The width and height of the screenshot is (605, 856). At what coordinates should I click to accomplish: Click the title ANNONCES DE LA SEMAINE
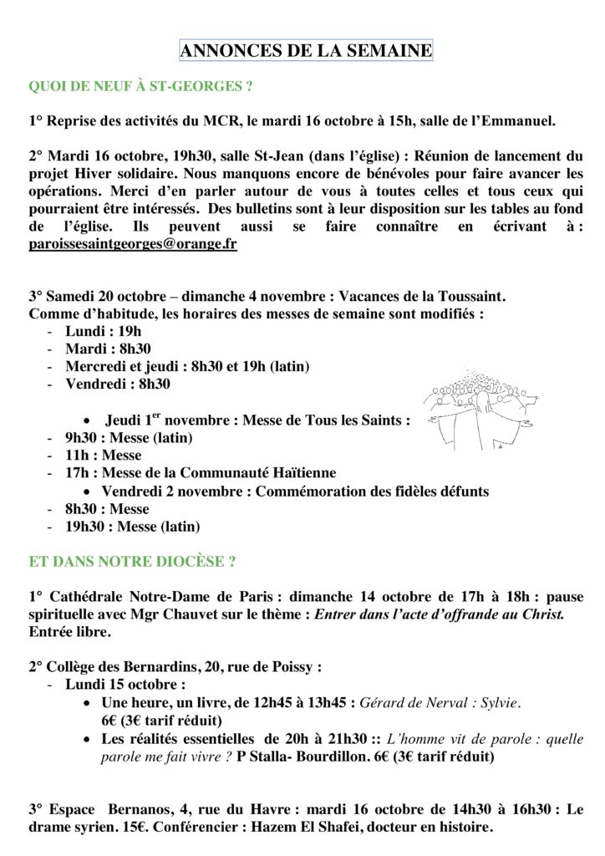click(x=306, y=51)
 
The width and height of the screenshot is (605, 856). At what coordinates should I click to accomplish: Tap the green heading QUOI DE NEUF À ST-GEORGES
click(x=140, y=86)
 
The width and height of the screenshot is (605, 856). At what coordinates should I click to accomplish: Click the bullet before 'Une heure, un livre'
click(x=89, y=703)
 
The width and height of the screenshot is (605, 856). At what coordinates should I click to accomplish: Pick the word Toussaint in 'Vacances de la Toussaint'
click(x=473, y=296)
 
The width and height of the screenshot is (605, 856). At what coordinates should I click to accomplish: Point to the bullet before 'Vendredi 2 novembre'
click(x=89, y=492)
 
